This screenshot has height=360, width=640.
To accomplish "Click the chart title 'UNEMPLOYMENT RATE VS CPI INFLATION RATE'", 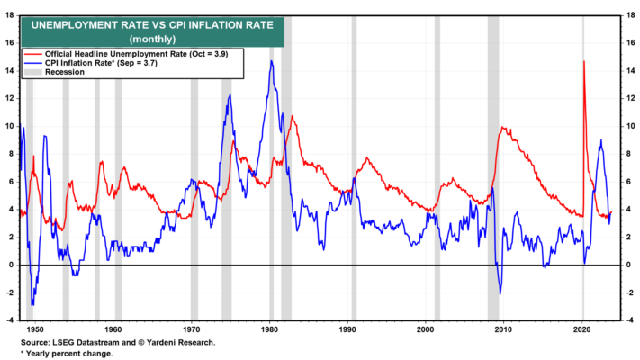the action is click(x=152, y=25).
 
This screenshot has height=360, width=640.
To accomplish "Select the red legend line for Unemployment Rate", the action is click(x=33, y=54).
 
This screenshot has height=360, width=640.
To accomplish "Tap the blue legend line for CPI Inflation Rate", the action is click(x=33, y=63).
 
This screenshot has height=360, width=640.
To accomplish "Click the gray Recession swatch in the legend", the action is click(x=33, y=72).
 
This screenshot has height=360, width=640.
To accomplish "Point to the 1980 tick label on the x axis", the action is click(x=269, y=329).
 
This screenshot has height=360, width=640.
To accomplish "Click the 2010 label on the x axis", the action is click(x=503, y=329).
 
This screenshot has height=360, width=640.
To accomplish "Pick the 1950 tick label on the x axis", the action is click(x=35, y=329).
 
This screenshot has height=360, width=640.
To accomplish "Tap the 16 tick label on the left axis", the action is click(x=9, y=43).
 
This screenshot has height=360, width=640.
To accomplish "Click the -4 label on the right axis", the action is click(x=630, y=320).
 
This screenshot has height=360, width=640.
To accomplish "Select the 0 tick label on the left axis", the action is click(x=12, y=265).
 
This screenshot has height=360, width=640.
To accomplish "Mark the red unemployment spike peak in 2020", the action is click(x=584, y=61).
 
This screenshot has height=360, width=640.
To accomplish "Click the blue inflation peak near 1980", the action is click(x=272, y=61).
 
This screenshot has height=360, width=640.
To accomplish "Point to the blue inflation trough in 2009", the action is click(x=500, y=294).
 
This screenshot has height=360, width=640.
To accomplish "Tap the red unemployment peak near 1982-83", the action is click(x=293, y=116).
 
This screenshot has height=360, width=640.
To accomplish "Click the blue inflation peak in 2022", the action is click(x=600, y=140).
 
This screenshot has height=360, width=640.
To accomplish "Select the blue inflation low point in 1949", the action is click(x=32, y=304).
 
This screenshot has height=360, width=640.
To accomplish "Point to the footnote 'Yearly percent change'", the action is click(x=69, y=354).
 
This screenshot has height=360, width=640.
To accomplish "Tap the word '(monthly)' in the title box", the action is click(x=152, y=40).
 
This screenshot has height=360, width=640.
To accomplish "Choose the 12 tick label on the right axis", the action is click(x=630, y=98).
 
